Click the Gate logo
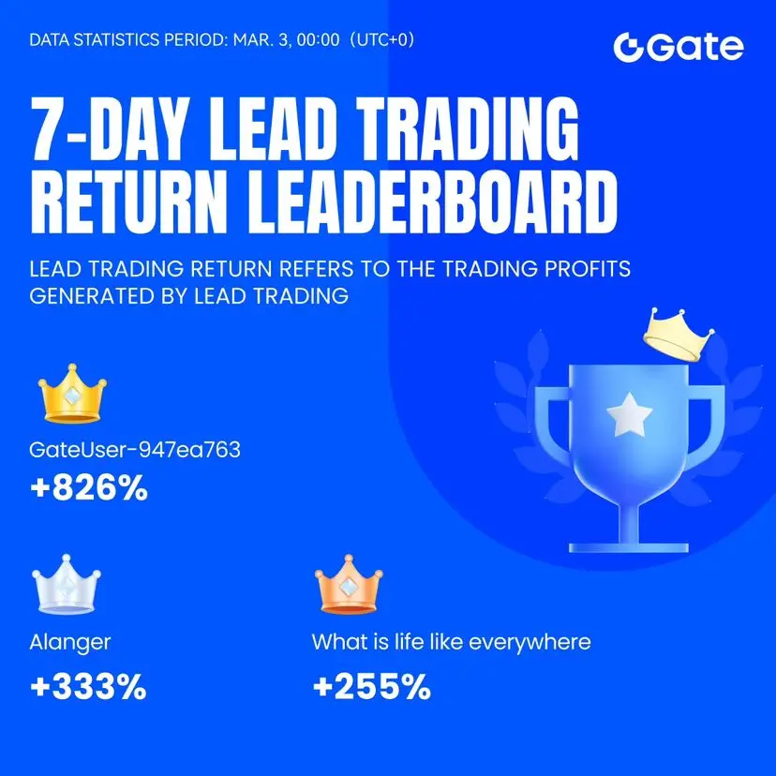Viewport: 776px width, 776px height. [x=679, y=48]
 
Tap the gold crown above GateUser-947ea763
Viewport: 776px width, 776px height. [x=72, y=394]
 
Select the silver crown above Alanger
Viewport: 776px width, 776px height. [x=66, y=585]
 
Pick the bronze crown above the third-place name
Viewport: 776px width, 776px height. [x=349, y=585]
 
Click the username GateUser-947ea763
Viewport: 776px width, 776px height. [x=135, y=450]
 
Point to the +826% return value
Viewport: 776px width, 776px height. [x=89, y=487]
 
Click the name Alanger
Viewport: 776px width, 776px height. [x=69, y=643]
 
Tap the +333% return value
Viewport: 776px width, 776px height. [x=89, y=686]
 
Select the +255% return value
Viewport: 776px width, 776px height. [x=372, y=686]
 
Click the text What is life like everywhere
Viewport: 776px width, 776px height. [x=452, y=642]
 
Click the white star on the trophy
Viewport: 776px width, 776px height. [x=630, y=415]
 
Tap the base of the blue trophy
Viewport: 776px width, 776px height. [x=629, y=547]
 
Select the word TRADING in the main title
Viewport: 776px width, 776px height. [x=468, y=127]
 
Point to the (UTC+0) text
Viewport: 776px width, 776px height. [x=382, y=39]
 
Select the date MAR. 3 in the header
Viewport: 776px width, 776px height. [x=261, y=39]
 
